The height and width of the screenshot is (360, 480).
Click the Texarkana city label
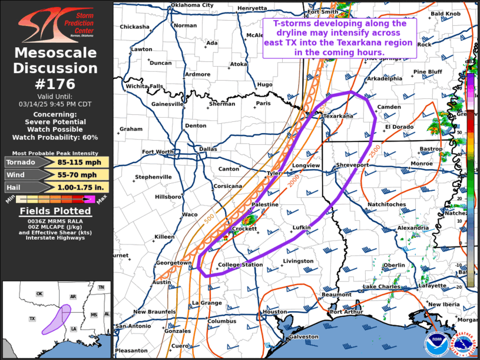coord(338,116)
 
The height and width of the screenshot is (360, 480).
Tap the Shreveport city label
coord(352,165)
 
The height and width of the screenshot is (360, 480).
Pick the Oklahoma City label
coord(191,5)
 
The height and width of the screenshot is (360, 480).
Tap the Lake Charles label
coord(381,286)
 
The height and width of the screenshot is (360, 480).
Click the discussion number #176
coord(56,84)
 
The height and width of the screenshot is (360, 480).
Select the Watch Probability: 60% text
coord(56,137)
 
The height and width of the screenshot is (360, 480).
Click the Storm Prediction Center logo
coord(56,24)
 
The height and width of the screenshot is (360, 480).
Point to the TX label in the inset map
coord(32,318)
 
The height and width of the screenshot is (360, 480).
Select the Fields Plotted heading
coord(56,210)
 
